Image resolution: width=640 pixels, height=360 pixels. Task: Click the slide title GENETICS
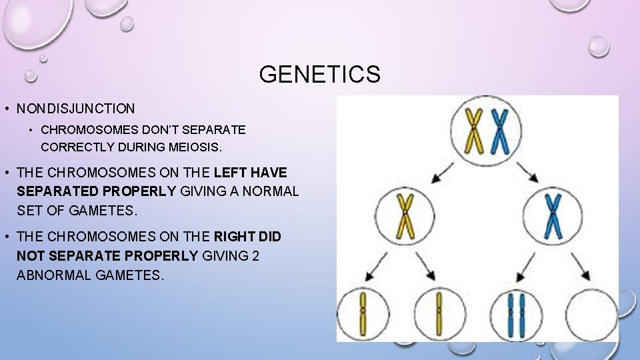[319, 74]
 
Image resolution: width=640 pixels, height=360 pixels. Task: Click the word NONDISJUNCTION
[75, 108]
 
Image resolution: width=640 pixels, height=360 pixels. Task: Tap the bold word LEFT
[231, 172]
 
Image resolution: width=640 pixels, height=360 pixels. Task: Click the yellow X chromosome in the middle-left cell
[405, 215]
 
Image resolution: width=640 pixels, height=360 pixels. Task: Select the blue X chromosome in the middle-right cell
[553, 215]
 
